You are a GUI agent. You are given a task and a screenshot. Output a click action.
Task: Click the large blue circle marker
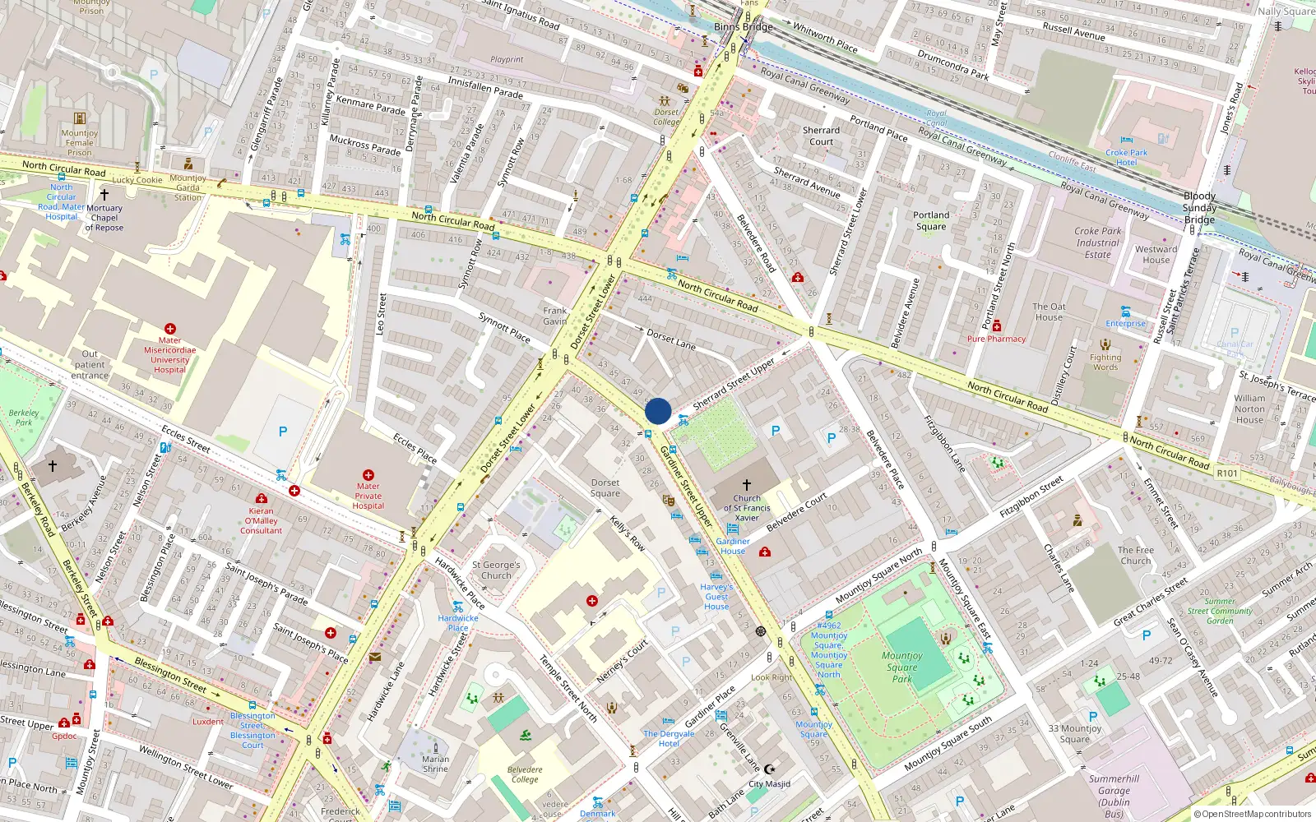tap(658, 411)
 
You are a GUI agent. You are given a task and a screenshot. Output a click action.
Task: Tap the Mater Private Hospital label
tap(368, 496)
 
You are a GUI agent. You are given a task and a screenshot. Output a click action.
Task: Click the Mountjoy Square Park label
tap(902, 667)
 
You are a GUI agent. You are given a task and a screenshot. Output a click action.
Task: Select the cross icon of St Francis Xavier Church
tap(746, 485)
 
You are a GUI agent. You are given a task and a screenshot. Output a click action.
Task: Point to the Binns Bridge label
tap(743, 27)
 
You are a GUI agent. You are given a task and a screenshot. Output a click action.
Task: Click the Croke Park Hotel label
tap(1126, 157)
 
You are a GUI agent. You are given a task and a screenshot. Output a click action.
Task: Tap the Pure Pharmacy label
tap(996, 339)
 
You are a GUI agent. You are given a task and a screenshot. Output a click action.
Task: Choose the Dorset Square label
tap(605, 488)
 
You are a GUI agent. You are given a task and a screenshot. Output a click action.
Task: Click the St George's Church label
tap(496, 570)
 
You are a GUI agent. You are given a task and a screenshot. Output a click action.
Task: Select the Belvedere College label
tap(525, 774)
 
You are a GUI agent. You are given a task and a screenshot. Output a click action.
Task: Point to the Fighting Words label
tap(1105, 362)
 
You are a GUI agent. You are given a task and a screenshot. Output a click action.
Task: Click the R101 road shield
tap(1227, 473)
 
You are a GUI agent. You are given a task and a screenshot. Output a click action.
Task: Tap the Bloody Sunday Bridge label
tap(1199, 208)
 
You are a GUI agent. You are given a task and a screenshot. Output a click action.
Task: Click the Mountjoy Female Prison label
tap(80, 142)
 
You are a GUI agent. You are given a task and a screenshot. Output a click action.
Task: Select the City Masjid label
tap(769, 783)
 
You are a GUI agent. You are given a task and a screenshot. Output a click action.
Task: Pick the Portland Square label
tap(931, 220)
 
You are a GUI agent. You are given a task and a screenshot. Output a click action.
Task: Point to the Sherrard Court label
tap(821, 136)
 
